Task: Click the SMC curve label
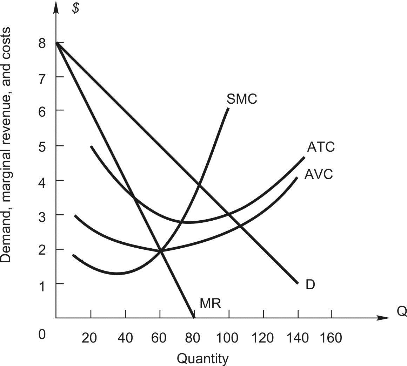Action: [x=242, y=99]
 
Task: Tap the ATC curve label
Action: [x=321, y=147]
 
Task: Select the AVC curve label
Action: [x=318, y=174]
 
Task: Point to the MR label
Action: [x=210, y=304]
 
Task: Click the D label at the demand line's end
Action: [x=310, y=285]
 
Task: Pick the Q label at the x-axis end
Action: [x=402, y=311]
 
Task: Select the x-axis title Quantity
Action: [x=202, y=358]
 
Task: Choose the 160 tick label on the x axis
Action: [x=330, y=338]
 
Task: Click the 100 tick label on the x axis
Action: [x=228, y=338]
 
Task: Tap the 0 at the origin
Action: [x=42, y=334]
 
